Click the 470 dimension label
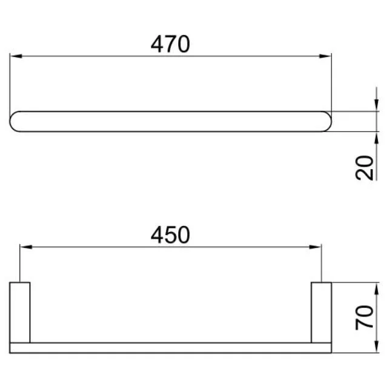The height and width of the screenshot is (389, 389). pyautogui.click(x=170, y=44)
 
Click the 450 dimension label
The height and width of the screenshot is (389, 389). pyautogui.click(x=170, y=234)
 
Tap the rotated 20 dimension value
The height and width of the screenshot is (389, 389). pyautogui.click(x=364, y=168)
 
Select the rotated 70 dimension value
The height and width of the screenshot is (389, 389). pyautogui.click(x=364, y=318)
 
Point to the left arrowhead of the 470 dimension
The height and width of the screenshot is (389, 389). pyautogui.click(x=16, y=56)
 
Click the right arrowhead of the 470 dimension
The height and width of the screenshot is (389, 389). pyautogui.click(x=325, y=56)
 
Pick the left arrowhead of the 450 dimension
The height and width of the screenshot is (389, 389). pyautogui.click(x=26, y=247)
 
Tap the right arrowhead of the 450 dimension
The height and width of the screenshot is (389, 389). pyautogui.click(x=315, y=247)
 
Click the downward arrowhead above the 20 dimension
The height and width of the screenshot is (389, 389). pyautogui.click(x=376, y=104)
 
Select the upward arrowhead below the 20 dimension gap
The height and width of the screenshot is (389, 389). pyautogui.click(x=376, y=138)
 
